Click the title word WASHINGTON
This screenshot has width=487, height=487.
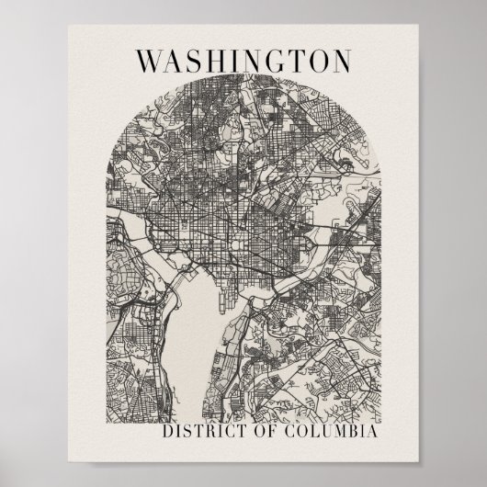(243, 61)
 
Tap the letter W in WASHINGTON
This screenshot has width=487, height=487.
(151, 61)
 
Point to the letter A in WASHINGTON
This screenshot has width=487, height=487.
(175, 61)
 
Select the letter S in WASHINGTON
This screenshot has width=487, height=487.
(194, 61)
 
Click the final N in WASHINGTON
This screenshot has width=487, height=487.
(340, 61)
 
